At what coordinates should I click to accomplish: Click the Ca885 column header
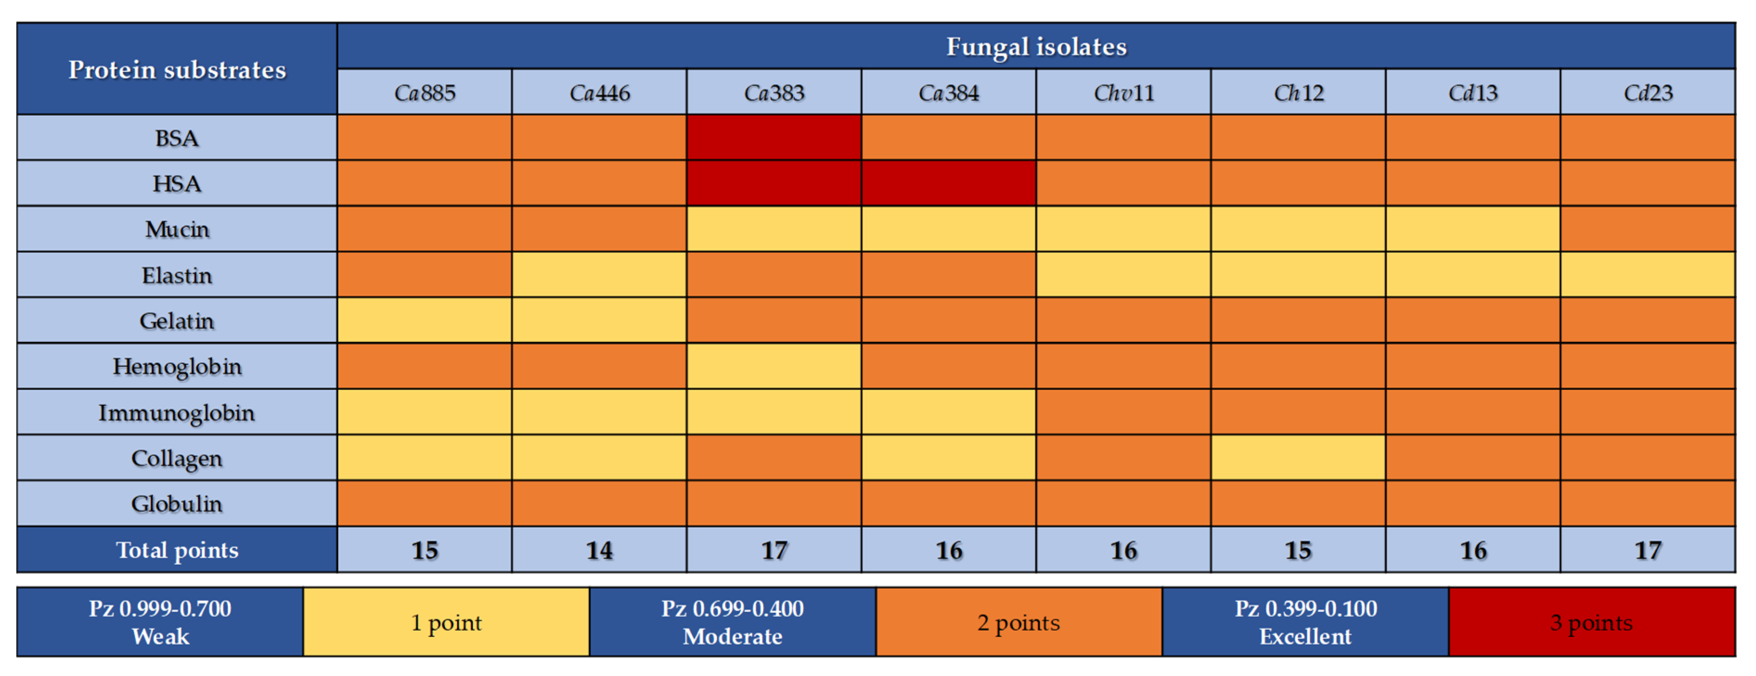click(x=424, y=92)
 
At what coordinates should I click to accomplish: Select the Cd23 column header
click(x=1648, y=92)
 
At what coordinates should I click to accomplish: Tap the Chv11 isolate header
click(x=1123, y=92)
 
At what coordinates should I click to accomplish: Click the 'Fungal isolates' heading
click(x=1036, y=46)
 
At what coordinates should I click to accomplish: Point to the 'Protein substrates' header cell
click(x=177, y=69)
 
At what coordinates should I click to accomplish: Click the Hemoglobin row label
click(x=177, y=367)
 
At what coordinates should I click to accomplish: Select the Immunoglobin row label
click(x=177, y=412)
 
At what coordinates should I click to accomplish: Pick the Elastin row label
click(x=177, y=275)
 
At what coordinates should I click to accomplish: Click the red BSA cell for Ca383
click(x=774, y=137)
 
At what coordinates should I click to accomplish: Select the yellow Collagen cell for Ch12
click(x=1298, y=458)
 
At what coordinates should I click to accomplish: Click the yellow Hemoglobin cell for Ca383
click(x=774, y=367)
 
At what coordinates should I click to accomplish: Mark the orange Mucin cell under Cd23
click(x=1648, y=229)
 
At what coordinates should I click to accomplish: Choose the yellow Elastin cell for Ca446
click(x=599, y=275)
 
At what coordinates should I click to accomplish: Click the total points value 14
click(x=599, y=550)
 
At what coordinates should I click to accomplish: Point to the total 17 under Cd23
click(x=1648, y=550)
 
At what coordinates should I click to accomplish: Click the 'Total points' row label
click(x=177, y=550)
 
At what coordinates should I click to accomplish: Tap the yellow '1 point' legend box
click(x=446, y=622)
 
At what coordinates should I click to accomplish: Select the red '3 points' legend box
click(x=1591, y=622)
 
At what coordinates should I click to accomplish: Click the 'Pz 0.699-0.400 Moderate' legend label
click(x=732, y=622)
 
